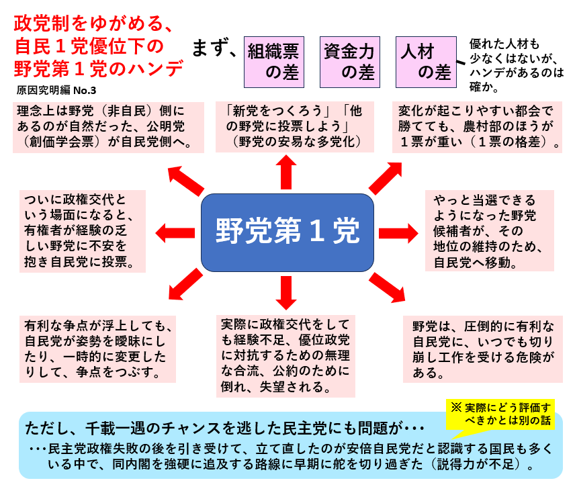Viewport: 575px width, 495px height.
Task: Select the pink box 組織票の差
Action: point(273,61)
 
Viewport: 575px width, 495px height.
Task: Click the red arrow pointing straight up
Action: point(287,172)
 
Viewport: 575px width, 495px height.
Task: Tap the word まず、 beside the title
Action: point(214,48)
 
